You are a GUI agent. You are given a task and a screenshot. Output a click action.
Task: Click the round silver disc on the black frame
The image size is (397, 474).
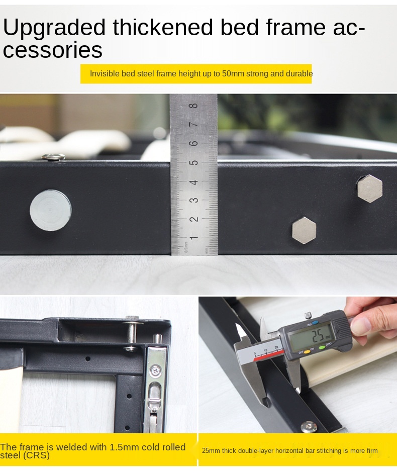[x=51, y=210]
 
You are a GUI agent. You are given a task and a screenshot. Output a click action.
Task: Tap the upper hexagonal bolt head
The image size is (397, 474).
[x=370, y=188]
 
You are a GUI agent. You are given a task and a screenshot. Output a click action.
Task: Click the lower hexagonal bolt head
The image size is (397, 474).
[x=304, y=230]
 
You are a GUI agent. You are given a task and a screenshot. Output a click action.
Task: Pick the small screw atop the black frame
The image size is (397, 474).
[x=53, y=157]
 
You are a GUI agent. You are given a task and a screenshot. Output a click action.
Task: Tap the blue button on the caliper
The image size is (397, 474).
[x=315, y=323]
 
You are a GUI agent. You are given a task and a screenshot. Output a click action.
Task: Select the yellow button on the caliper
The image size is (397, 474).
[x=307, y=352]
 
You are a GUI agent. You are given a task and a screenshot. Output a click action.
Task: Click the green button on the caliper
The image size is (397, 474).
[x=322, y=348]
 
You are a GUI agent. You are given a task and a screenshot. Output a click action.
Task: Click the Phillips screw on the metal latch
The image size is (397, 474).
[x=156, y=370]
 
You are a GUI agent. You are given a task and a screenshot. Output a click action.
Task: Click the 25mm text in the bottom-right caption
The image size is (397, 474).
[x=211, y=451]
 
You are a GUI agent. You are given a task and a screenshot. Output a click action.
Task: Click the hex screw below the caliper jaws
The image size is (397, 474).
[x=309, y=427]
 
